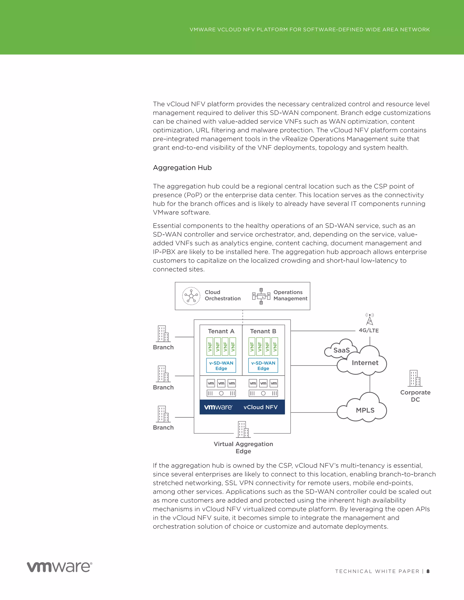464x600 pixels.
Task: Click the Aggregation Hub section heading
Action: point(182,168)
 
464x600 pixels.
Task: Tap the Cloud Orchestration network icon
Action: point(191,296)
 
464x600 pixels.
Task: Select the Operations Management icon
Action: point(261,296)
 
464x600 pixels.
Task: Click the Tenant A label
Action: point(221,331)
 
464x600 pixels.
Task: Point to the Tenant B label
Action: point(263,331)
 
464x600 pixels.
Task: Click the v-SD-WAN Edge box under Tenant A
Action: point(221,365)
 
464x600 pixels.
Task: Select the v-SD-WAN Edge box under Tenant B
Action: point(263,365)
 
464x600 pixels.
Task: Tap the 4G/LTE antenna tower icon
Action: point(370,319)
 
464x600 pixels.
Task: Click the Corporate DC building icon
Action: point(415,378)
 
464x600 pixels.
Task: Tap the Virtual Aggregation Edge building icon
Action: point(243,429)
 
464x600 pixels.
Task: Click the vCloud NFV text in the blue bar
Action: point(260,407)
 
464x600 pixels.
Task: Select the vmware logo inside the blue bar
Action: point(218,407)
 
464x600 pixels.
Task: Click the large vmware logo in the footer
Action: point(59,567)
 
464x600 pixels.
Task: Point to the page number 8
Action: point(428,571)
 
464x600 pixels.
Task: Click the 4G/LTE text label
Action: point(369,331)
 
